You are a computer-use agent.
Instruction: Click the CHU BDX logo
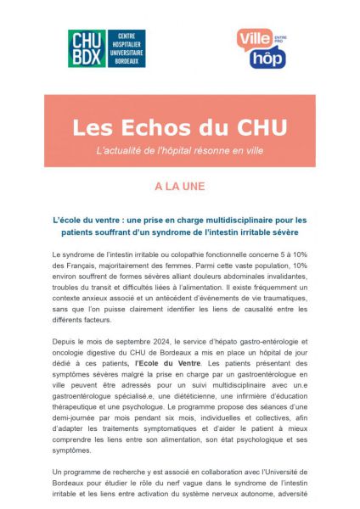point(106,48)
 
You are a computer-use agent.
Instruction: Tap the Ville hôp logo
point(261,48)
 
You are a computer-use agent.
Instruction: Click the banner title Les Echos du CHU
point(179,126)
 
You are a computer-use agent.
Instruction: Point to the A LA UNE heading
point(179,185)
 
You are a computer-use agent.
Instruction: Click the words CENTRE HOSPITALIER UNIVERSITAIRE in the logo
point(123,48)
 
